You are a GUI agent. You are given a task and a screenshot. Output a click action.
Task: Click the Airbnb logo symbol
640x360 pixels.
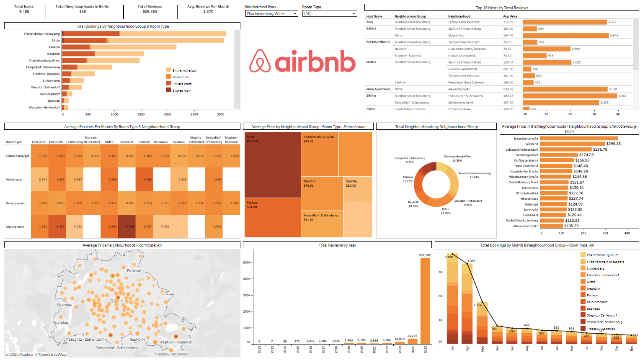(260, 61)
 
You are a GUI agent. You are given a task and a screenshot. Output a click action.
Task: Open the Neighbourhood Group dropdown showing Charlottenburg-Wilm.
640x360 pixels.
(271, 14)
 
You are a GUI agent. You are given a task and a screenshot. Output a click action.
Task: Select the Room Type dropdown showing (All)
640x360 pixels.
(329, 14)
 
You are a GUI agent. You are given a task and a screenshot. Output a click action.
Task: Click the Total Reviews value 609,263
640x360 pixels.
(150, 12)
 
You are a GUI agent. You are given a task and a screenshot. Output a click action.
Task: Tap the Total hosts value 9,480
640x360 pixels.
(24, 12)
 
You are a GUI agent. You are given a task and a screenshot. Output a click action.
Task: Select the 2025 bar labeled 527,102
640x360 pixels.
(425, 301)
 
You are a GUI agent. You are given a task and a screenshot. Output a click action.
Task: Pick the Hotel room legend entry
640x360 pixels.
(181, 77)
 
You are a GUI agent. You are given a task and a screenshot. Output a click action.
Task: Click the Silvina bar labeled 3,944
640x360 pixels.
(570, 96)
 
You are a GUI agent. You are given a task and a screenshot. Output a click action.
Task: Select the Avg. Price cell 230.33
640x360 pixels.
(508, 89)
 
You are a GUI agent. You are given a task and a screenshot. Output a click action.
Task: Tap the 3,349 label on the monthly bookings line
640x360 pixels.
(471, 261)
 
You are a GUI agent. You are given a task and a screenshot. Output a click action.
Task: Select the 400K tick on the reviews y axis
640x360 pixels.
(247, 279)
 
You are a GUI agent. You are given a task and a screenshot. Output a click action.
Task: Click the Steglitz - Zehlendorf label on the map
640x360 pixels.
(86, 339)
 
